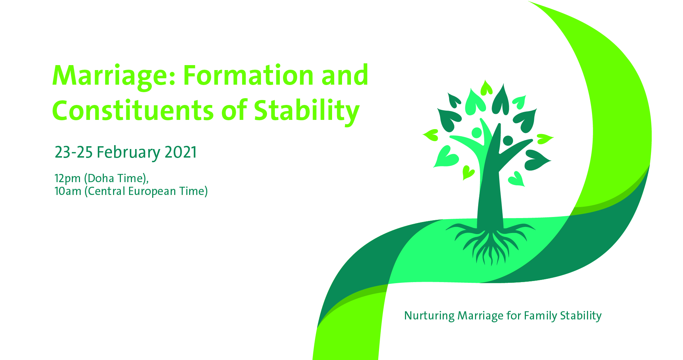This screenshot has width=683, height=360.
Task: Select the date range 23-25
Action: pyautogui.click(x=74, y=152)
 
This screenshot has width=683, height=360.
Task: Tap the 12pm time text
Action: pyautogui.click(x=68, y=179)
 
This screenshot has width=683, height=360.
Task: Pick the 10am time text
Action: pyautogui.click(x=68, y=191)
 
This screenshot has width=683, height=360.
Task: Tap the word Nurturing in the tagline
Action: pyautogui.click(x=429, y=316)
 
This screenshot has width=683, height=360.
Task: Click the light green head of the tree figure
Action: pyautogui.click(x=477, y=133)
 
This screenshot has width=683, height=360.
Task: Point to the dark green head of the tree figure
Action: pyautogui.click(x=508, y=141)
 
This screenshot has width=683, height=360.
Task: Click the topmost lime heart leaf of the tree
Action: pyautogui.click(x=486, y=88)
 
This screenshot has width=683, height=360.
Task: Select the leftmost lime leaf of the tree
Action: pyautogui.click(x=431, y=135)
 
